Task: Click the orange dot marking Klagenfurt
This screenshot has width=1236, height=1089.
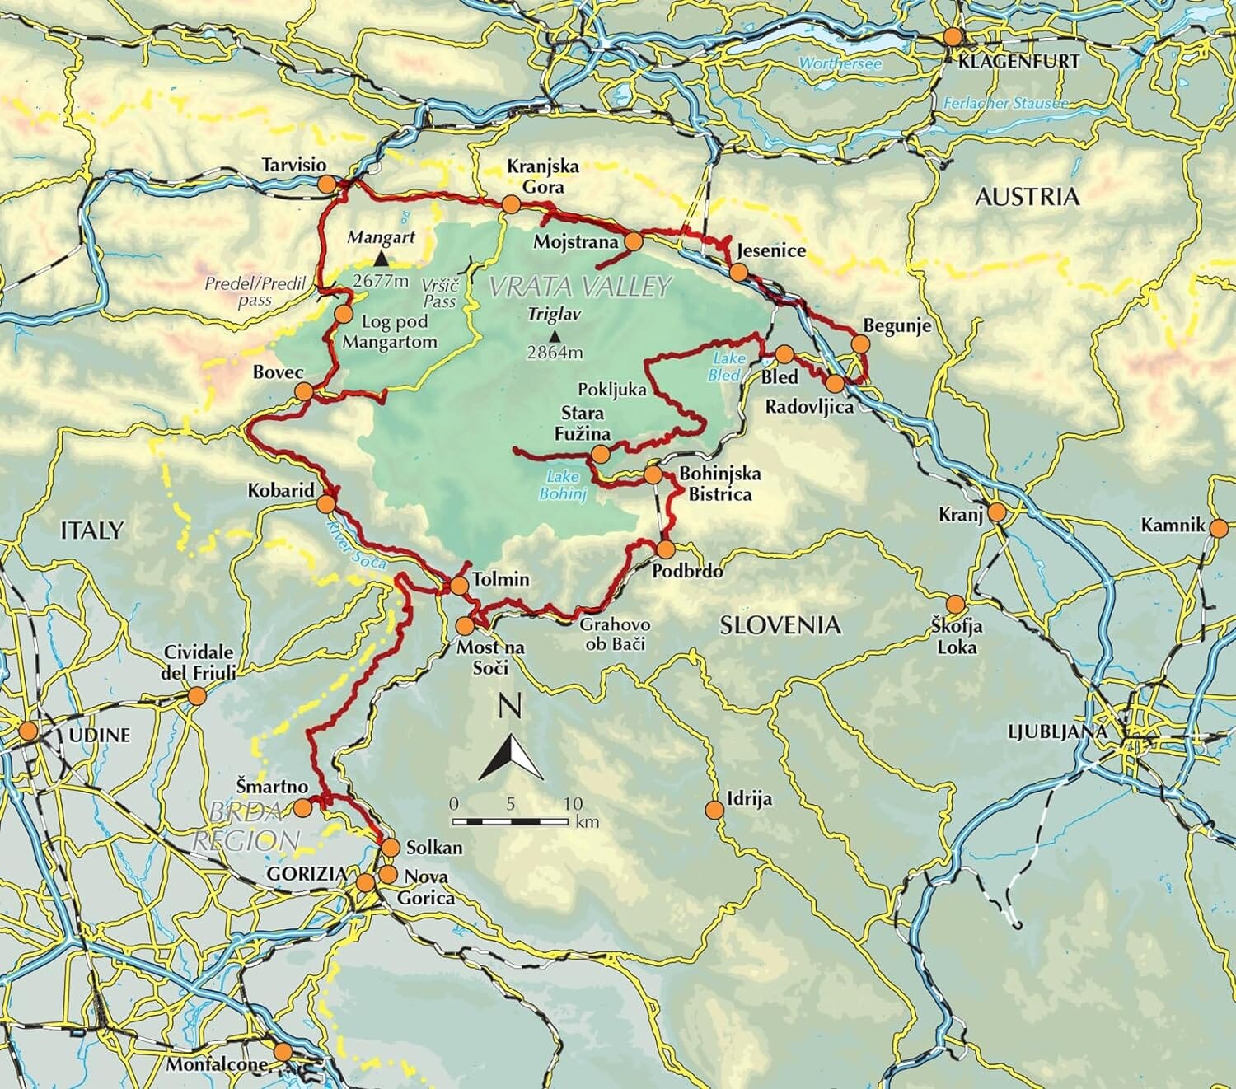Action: coord(953,37)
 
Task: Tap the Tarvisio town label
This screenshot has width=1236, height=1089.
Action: coord(293,165)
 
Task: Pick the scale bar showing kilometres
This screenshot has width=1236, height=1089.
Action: coord(511,821)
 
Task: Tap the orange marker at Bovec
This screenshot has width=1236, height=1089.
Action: coord(303,391)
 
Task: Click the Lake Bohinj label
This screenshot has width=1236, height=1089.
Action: coord(563,486)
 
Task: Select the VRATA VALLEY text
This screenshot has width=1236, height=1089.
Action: coord(580,286)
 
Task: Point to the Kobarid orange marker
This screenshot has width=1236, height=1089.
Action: coord(327,503)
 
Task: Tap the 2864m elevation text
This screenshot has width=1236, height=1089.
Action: coord(555,353)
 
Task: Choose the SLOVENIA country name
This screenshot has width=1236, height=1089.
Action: coord(780,625)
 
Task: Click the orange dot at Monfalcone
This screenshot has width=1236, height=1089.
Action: coord(283,1052)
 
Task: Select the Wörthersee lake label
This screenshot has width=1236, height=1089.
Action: coord(840,63)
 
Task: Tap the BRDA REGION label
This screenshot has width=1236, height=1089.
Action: coord(245,825)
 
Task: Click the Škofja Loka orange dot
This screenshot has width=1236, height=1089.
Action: coord(955,604)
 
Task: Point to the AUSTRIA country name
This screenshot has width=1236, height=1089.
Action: coord(1026,196)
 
